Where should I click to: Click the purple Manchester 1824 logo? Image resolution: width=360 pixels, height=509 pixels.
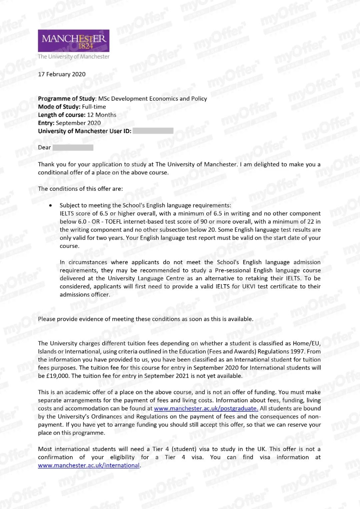pyautogui.click(x=73, y=41)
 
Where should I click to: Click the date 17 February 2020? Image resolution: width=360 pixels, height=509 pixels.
pyautogui.click(x=62, y=74)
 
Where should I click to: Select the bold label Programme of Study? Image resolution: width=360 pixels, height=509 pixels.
pyautogui.click(x=66, y=98)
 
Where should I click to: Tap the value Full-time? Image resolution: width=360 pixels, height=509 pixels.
pyautogui.click(x=94, y=107)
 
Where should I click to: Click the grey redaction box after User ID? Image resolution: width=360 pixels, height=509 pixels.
pyautogui.click(x=153, y=131)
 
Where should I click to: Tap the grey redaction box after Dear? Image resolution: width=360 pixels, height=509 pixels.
pyautogui.click(x=73, y=147)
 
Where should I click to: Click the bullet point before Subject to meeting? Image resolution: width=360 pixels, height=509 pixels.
pyautogui.click(x=50, y=205)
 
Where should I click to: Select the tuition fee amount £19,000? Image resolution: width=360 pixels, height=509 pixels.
pyautogui.click(x=58, y=376)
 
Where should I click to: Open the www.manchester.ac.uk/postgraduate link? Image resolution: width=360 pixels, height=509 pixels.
pyautogui.click(x=206, y=408)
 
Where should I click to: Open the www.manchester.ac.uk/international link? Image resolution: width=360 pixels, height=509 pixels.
pyautogui.click(x=89, y=465)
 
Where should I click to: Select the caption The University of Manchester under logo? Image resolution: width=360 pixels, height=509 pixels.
pyautogui.click(x=73, y=57)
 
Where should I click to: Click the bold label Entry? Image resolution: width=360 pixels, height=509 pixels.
pyautogui.click(x=46, y=123)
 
